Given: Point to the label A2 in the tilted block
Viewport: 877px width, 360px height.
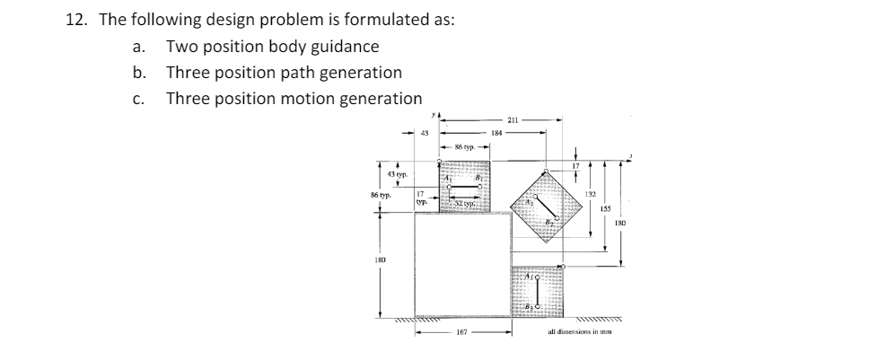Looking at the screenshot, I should [531, 203].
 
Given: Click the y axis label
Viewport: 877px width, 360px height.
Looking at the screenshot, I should [433, 115].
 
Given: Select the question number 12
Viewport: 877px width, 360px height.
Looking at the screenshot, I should [75, 21].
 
